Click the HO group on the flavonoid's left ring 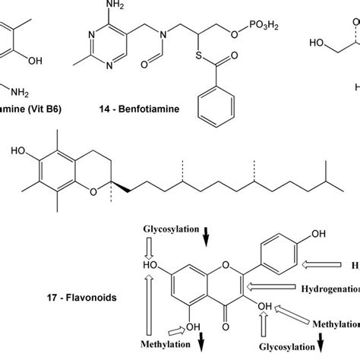pyautogui.click(x=153, y=265)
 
